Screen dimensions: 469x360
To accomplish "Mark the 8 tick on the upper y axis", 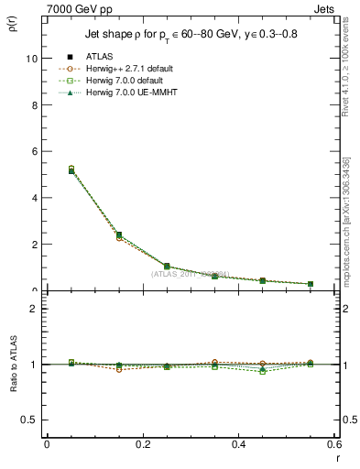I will click(x=33, y=104).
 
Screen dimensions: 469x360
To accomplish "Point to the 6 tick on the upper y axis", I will click(x=33, y=151).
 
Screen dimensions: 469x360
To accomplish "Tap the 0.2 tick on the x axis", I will click(x=143, y=444).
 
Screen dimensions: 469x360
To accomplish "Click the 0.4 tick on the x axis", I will click(x=239, y=444).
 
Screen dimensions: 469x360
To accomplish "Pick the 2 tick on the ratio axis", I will click(x=33, y=309).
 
